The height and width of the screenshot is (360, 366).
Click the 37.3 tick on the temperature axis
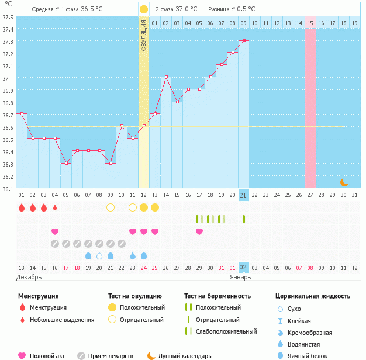click(8, 41)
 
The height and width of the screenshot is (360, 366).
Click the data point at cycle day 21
click(244, 41)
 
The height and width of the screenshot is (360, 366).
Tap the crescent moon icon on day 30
click(344, 182)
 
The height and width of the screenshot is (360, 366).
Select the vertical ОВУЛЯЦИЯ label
click(144, 36)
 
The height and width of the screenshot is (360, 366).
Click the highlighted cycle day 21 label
click(244, 195)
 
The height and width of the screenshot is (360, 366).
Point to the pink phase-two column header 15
click(310, 23)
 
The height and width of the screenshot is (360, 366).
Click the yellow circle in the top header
click(144, 9)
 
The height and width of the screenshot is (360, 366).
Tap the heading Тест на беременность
click(217, 296)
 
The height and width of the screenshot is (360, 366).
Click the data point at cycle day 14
click(166, 77)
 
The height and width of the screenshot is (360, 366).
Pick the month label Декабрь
click(29, 277)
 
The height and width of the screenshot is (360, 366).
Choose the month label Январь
click(240, 277)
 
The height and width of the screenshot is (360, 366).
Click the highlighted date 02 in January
click(244, 268)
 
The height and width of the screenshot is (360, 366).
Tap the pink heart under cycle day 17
click(199, 231)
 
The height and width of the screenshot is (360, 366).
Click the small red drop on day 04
click(55, 207)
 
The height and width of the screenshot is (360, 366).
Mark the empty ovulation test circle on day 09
click(111, 207)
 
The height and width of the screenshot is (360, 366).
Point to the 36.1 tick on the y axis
click(8, 189)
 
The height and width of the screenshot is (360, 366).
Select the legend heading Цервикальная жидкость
click(313, 296)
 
